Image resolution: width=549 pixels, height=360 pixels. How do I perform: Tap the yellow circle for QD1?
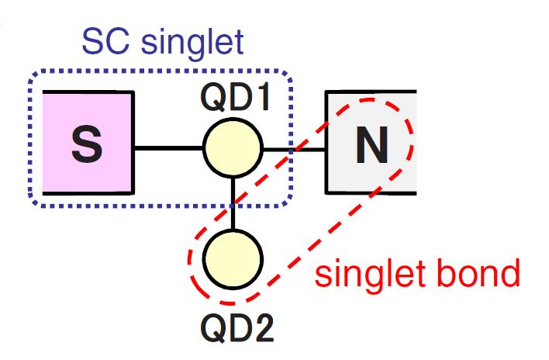[x=233, y=148]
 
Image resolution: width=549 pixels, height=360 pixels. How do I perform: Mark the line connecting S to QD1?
[x=169, y=148]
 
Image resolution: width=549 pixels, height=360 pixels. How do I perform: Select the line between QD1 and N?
[x=295, y=148]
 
